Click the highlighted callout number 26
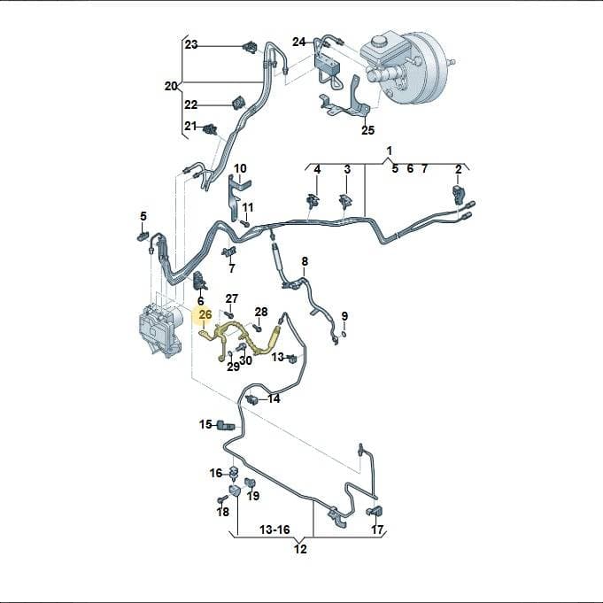pyautogui.click(x=205, y=315)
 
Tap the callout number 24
pyautogui.click(x=298, y=42)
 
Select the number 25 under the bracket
pyautogui.click(x=367, y=130)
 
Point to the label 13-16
pyautogui.click(x=274, y=530)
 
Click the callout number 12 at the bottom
pyautogui.click(x=300, y=549)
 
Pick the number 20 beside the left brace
pyautogui.click(x=171, y=86)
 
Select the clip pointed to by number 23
pyautogui.click(x=250, y=48)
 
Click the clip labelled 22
pyautogui.click(x=238, y=104)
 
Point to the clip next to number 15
pyautogui.click(x=226, y=425)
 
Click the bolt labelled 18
pyautogui.click(x=220, y=499)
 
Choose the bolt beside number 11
pyautogui.click(x=244, y=222)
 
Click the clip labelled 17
pyautogui.click(x=374, y=512)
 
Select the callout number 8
pyautogui.click(x=305, y=261)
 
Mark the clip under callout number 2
pyautogui.click(x=458, y=193)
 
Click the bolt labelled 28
pyautogui.click(x=257, y=328)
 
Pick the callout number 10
pyautogui.click(x=240, y=168)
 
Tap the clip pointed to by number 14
pyautogui.click(x=251, y=399)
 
